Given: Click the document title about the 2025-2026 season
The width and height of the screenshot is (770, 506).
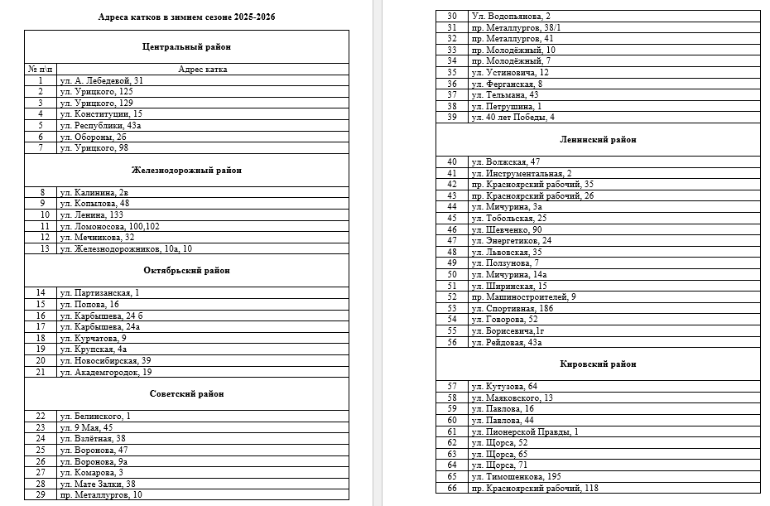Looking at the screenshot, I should point(186,17).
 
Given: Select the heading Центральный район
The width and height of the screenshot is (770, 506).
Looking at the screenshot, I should point(186,47).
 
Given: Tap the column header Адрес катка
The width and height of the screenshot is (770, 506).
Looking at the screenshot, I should point(203,70).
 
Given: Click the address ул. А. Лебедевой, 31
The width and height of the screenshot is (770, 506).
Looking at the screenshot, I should point(102,80).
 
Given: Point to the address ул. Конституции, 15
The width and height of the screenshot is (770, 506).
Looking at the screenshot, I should point(101,113).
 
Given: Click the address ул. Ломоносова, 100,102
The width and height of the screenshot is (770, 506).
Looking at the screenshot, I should point(108,226).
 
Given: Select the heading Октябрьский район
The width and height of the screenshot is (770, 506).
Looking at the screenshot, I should point(186,271).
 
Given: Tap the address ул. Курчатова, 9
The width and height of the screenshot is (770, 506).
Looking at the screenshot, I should point(92,338).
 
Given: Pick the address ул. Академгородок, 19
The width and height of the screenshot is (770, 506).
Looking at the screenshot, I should point(105,372).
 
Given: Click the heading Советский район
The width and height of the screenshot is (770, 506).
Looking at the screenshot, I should point(186,394).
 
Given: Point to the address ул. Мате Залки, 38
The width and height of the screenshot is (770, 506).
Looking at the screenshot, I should point(97,484).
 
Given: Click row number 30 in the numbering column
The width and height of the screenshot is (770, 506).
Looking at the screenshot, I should point(452,16).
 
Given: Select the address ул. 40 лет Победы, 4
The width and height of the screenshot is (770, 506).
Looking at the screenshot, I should point(513,117).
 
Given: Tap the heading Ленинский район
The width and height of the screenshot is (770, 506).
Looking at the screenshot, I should point(598,140).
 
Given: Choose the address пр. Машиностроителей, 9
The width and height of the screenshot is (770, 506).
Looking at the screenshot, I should point(523,296).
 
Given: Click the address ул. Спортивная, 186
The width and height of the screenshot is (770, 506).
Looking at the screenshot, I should point(512,308).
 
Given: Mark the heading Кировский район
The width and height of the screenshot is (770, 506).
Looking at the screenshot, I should point(598,364).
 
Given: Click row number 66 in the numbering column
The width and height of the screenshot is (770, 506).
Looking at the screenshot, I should point(452,488).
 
